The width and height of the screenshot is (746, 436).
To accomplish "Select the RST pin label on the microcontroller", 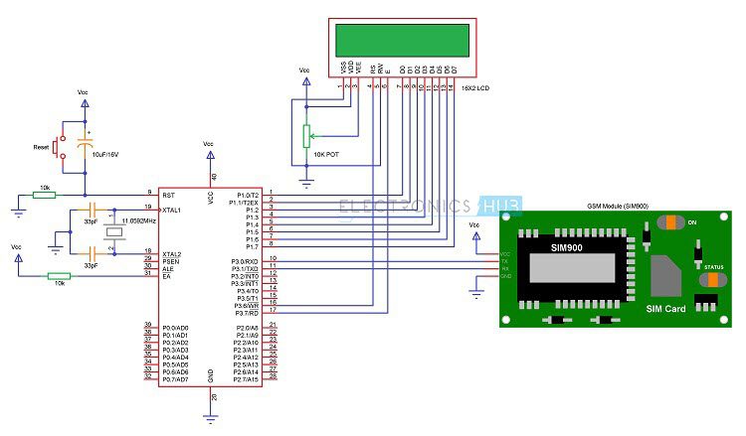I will pyautogui.click(x=168, y=193).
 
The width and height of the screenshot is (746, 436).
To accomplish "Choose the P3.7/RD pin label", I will pyautogui.click(x=245, y=312).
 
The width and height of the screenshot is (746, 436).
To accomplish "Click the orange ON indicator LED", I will pyautogui.click(x=676, y=221).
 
